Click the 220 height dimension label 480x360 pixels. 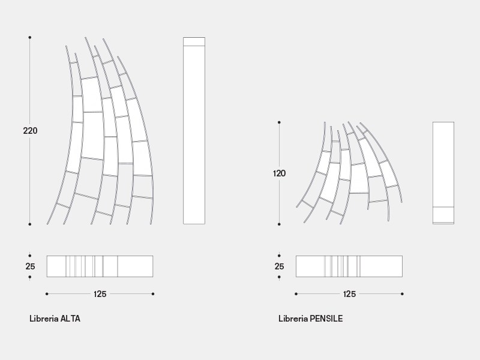(31, 131)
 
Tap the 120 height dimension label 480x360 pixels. (279, 173)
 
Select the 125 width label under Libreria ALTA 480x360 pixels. (100, 294)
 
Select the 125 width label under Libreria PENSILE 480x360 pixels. (349, 294)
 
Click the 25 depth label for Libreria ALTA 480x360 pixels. (31, 266)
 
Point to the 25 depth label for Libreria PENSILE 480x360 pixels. (279, 266)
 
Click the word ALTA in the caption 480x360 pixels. (70, 319)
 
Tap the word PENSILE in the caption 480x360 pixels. (326, 319)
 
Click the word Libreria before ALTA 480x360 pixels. (44, 319)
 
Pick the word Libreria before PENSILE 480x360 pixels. (293, 319)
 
